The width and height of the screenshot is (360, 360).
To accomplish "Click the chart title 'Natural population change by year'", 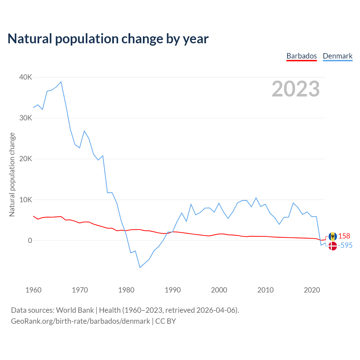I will tap(108, 39).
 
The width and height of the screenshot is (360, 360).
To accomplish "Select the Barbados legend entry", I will tap(301, 56).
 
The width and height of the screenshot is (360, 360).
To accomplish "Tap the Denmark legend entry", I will tap(337, 56).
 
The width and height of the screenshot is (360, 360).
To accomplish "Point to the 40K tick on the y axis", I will tap(26, 77).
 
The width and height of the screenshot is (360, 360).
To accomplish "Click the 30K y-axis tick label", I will tap(26, 118).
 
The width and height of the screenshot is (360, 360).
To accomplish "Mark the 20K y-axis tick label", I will tap(26, 159).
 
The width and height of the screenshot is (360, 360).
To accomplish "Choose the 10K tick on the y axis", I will tap(26, 200).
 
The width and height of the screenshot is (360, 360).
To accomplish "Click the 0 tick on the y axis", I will tap(30, 240).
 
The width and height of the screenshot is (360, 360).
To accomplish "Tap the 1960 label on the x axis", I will tap(33, 290).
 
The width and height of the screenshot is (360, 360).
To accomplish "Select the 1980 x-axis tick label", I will tap(126, 290).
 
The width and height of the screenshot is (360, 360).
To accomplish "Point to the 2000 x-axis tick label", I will tap(219, 290).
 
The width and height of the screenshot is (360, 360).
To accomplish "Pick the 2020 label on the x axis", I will tap(312, 290).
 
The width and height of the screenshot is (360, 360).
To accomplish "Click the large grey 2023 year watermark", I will tap(296, 89).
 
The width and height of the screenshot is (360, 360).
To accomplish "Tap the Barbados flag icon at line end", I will tap(333, 236).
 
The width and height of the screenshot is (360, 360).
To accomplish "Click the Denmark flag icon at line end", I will tap(333, 246).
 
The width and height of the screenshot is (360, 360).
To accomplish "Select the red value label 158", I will tap(344, 236).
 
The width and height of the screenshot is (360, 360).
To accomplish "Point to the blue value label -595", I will tap(345, 245).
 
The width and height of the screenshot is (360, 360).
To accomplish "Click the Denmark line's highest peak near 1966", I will tap(61, 82).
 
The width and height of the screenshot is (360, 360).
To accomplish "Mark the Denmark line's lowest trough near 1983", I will tap(140, 267).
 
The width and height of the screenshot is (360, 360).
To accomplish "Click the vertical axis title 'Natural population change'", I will tap(12, 174).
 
